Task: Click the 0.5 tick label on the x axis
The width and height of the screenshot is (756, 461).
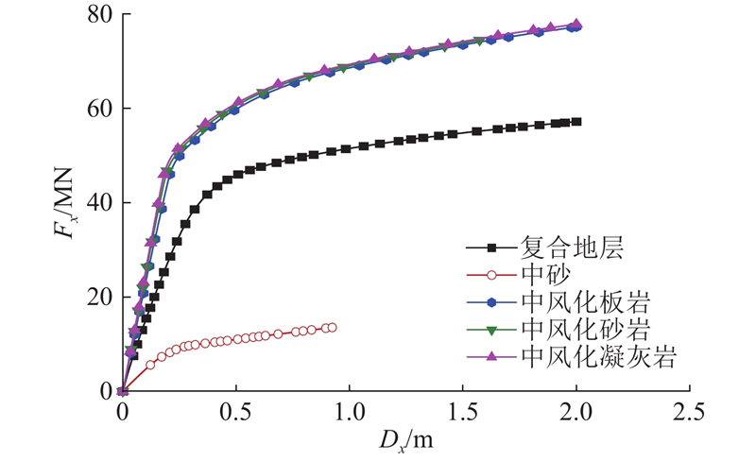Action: (x=235, y=415)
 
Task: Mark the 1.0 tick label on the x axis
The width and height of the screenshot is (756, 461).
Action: (x=349, y=415)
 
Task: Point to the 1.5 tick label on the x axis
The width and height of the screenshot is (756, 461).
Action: (x=462, y=415)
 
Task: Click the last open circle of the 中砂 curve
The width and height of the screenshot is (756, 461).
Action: (x=331, y=328)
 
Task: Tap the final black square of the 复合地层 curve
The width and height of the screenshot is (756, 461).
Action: (x=576, y=122)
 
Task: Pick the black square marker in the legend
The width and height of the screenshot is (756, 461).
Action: (x=490, y=249)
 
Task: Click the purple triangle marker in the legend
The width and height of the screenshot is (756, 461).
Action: (x=490, y=356)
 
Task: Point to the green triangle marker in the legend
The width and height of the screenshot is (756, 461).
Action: (x=490, y=330)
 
